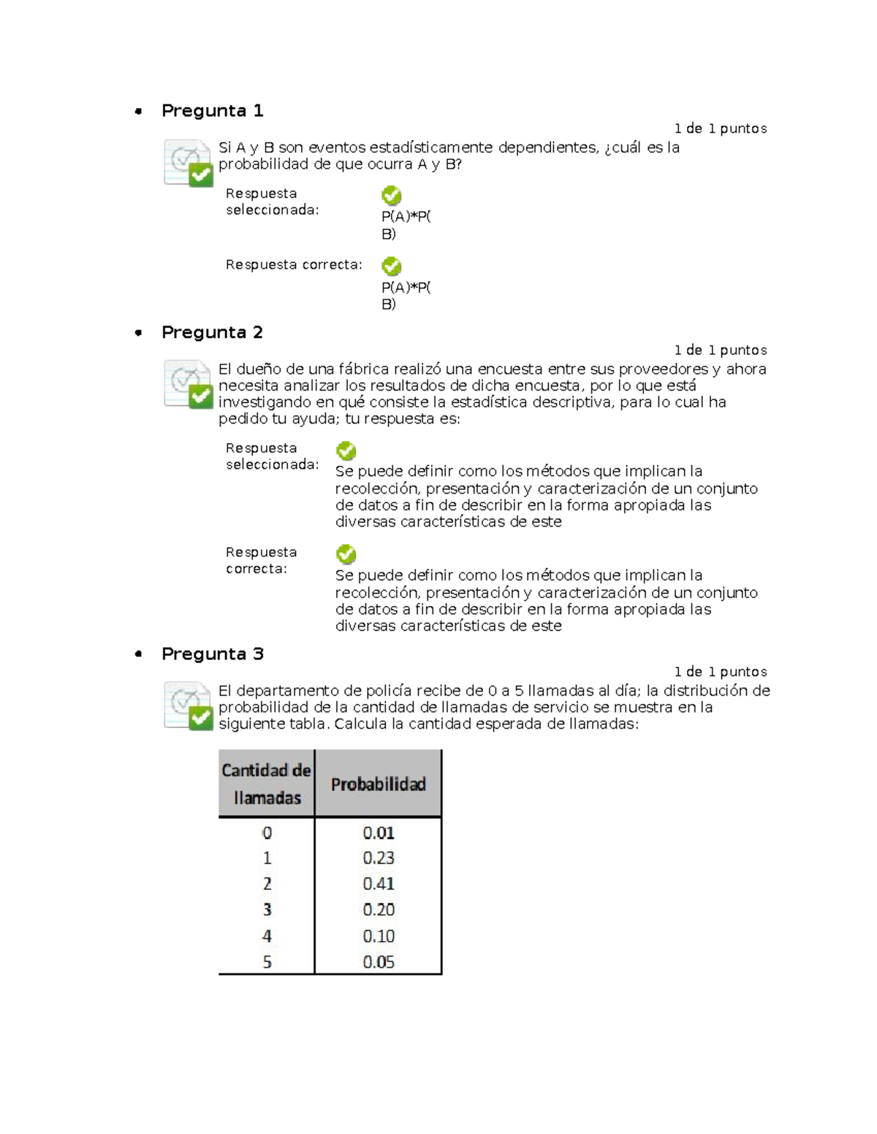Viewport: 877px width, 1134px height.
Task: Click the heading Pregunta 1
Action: coord(212,111)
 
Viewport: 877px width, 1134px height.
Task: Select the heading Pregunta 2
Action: coord(212,333)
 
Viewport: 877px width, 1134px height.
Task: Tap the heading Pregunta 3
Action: coord(212,654)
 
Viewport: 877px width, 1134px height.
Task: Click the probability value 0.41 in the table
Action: coord(379,884)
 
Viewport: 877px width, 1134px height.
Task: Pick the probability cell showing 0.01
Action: coord(379,832)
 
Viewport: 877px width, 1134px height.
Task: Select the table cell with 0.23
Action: coord(379,858)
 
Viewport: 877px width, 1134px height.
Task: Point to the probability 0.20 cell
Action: coord(379,910)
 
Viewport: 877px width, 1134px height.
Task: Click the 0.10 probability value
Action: coord(379,936)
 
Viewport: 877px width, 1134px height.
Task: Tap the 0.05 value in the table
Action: coord(379,962)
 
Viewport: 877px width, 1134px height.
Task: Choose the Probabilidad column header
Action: coord(378,784)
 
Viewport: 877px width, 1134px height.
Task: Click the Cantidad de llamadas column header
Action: coord(267,784)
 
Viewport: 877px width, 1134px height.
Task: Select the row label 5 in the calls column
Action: coord(267,962)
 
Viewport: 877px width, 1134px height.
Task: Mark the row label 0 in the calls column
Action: coord(267,832)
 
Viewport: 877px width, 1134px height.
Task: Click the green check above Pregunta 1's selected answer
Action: coord(392,196)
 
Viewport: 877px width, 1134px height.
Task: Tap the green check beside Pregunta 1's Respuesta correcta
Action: coord(392,267)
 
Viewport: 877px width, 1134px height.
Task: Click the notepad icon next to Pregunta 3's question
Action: coord(189,705)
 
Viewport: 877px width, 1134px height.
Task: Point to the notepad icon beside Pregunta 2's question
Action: coord(189,384)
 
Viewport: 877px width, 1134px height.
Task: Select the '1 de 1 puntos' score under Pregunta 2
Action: coord(720,350)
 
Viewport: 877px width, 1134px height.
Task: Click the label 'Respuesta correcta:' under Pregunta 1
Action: coord(294,265)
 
